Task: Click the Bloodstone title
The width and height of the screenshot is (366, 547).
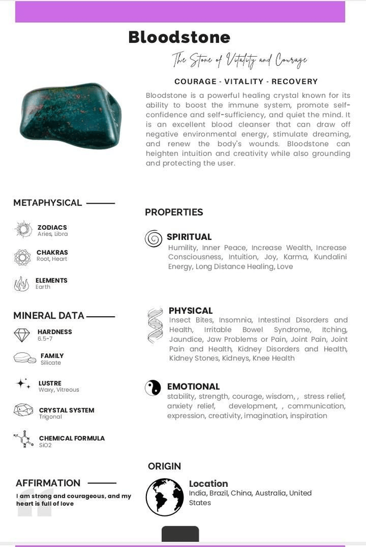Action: point(179,37)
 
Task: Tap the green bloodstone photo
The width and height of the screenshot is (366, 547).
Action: point(70,116)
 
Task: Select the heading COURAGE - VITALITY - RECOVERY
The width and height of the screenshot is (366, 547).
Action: point(246,81)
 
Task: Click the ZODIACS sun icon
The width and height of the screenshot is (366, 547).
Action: point(23,230)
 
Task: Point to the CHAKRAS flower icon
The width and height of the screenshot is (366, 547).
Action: point(22,257)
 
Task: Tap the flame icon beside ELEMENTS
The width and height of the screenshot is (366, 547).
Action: point(22,284)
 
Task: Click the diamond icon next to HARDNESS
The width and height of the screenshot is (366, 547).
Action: point(22,335)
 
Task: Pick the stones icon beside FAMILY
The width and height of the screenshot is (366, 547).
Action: point(25,358)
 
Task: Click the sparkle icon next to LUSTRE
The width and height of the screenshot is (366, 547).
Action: point(23,384)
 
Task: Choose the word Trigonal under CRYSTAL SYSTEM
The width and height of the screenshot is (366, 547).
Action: point(50,417)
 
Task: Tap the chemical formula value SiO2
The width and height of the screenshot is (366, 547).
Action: point(45,445)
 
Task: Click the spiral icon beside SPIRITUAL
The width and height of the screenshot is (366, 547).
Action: point(153,238)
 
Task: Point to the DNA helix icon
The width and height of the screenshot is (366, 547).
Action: point(155,325)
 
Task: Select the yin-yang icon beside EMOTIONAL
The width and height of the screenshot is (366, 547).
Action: point(153,388)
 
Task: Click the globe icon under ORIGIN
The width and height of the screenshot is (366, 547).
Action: point(165,497)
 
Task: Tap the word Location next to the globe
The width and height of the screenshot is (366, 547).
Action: point(208,483)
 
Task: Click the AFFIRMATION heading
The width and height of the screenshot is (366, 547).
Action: point(48,483)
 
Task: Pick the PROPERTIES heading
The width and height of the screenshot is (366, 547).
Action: point(174,212)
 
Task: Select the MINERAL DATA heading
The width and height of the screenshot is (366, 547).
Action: point(49,316)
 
